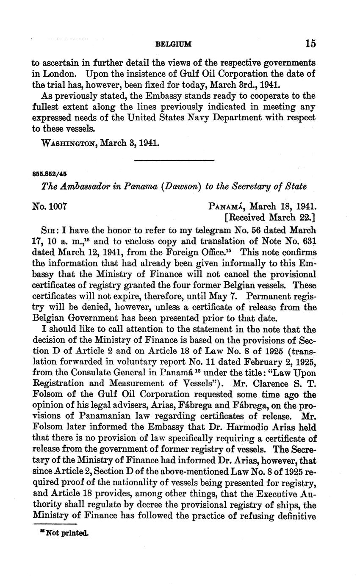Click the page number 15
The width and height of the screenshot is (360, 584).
coord(310,43)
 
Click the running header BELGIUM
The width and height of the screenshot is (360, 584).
coord(174,44)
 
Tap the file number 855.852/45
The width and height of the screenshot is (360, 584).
coord(50,174)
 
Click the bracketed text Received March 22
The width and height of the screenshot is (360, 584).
coord(269,218)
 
